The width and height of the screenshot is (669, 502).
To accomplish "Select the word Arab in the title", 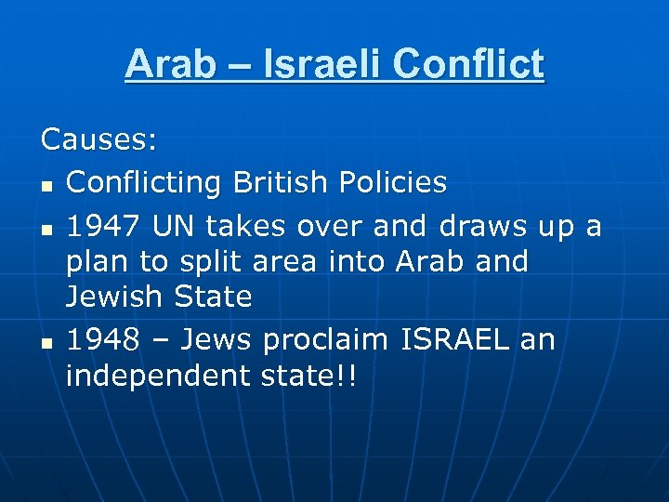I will [168, 64].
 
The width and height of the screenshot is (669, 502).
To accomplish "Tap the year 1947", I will [102, 226].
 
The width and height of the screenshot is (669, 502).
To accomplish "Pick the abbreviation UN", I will [174, 226].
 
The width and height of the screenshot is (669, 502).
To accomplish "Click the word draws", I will [490, 226].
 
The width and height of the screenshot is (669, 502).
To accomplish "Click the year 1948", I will [102, 340].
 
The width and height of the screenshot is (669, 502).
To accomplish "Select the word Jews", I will [216, 340].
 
